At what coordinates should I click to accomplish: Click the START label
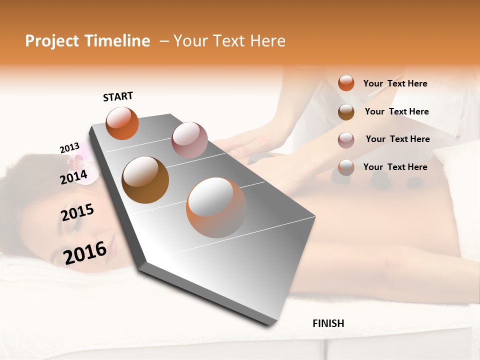(118, 96)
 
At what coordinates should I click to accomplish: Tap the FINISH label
(328, 323)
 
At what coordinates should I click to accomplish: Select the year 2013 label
(69, 147)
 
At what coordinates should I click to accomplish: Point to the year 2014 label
(73, 177)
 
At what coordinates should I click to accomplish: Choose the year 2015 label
(77, 212)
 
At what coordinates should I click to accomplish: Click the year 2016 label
(85, 252)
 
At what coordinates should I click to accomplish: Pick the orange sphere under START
(122, 123)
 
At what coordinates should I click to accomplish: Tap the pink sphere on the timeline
(189, 140)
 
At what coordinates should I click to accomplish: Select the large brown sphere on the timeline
(145, 179)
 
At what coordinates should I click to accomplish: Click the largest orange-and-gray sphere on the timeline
(216, 207)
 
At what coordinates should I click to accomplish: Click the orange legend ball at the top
(346, 83)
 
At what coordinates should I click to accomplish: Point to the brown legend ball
(346, 112)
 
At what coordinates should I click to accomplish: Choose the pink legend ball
(346, 140)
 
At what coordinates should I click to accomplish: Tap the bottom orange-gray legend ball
(346, 167)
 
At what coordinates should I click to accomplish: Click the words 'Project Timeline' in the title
(87, 41)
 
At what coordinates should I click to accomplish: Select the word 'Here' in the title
(267, 41)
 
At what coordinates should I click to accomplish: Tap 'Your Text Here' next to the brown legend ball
(396, 111)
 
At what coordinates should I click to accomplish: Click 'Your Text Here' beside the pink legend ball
(397, 139)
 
